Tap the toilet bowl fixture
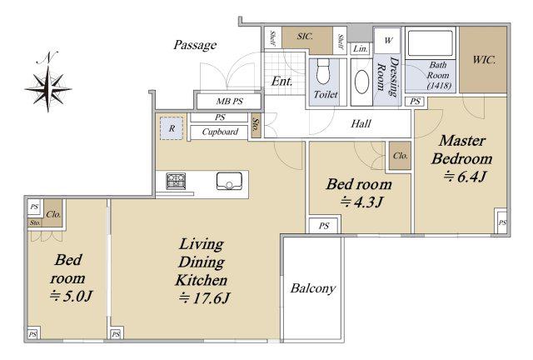pyautogui.click(x=323, y=72)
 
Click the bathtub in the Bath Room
pyautogui.click(x=430, y=42)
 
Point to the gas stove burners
pyautogui.click(x=176, y=181)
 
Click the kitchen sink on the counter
pyautogui.click(x=230, y=181)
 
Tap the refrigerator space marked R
pyautogui.click(x=172, y=128)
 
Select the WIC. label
pyautogui.click(x=484, y=60)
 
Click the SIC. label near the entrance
pyautogui.click(x=305, y=36)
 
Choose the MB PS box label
pyautogui.click(x=230, y=101)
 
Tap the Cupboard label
pyautogui.click(x=220, y=132)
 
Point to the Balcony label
pyautogui.click(x=313, y=288)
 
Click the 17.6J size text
pyautogui.click(x=204, y=298)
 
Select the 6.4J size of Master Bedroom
pyautogui.click(x=465, y=177)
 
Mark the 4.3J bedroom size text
pyautogui.click(x=361, y=202)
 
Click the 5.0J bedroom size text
pyautogui.click(x=71, y=296)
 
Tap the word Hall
pyautogui.click(x=361, y=123)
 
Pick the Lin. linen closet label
pyautogui.click(x=361, y=48)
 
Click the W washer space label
pyautogui.click(x=388, y=40)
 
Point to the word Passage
pyautogui.click(x=195, y=45)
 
